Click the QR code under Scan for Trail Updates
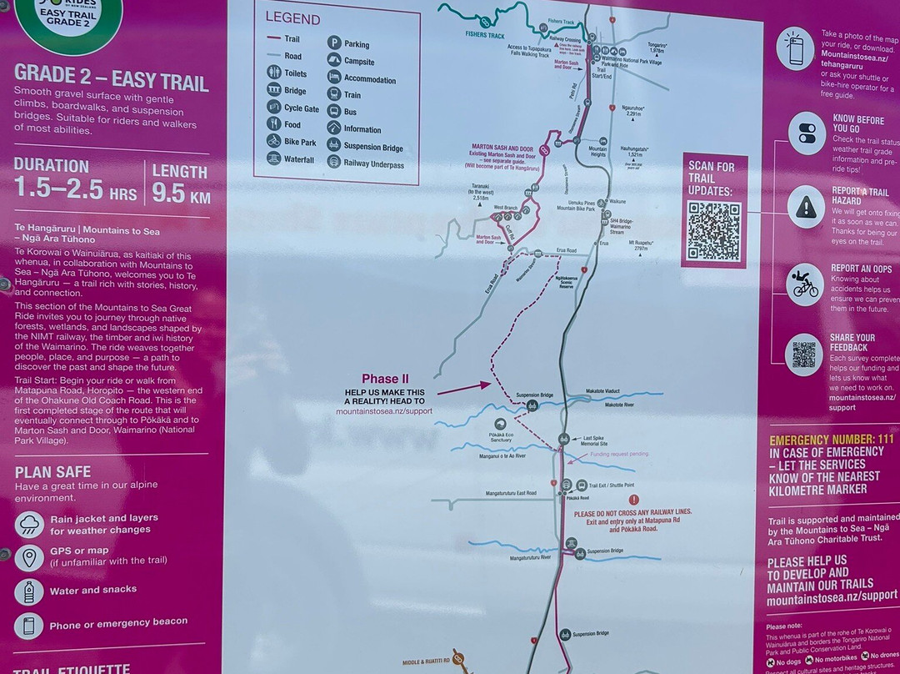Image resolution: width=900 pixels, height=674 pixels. (714, 231)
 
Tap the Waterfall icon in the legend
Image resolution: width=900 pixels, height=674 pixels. (274, 158)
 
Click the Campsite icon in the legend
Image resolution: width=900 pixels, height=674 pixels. (333, 61)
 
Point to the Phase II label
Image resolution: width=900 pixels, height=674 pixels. (385, 379)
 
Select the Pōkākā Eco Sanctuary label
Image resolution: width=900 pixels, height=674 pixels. (501, 436)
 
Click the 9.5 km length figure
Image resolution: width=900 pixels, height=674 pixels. (181, 193)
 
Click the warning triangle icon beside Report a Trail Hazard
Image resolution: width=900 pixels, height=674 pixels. (805, 206)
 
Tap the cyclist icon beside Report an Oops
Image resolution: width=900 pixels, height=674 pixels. (805, 285)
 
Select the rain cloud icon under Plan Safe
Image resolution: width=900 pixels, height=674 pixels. (30, 525)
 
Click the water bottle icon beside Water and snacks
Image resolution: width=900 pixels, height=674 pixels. (29, 591)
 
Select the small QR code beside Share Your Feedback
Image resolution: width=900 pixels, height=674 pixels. (804, 355)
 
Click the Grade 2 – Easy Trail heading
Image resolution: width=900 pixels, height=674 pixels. (111, 80)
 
